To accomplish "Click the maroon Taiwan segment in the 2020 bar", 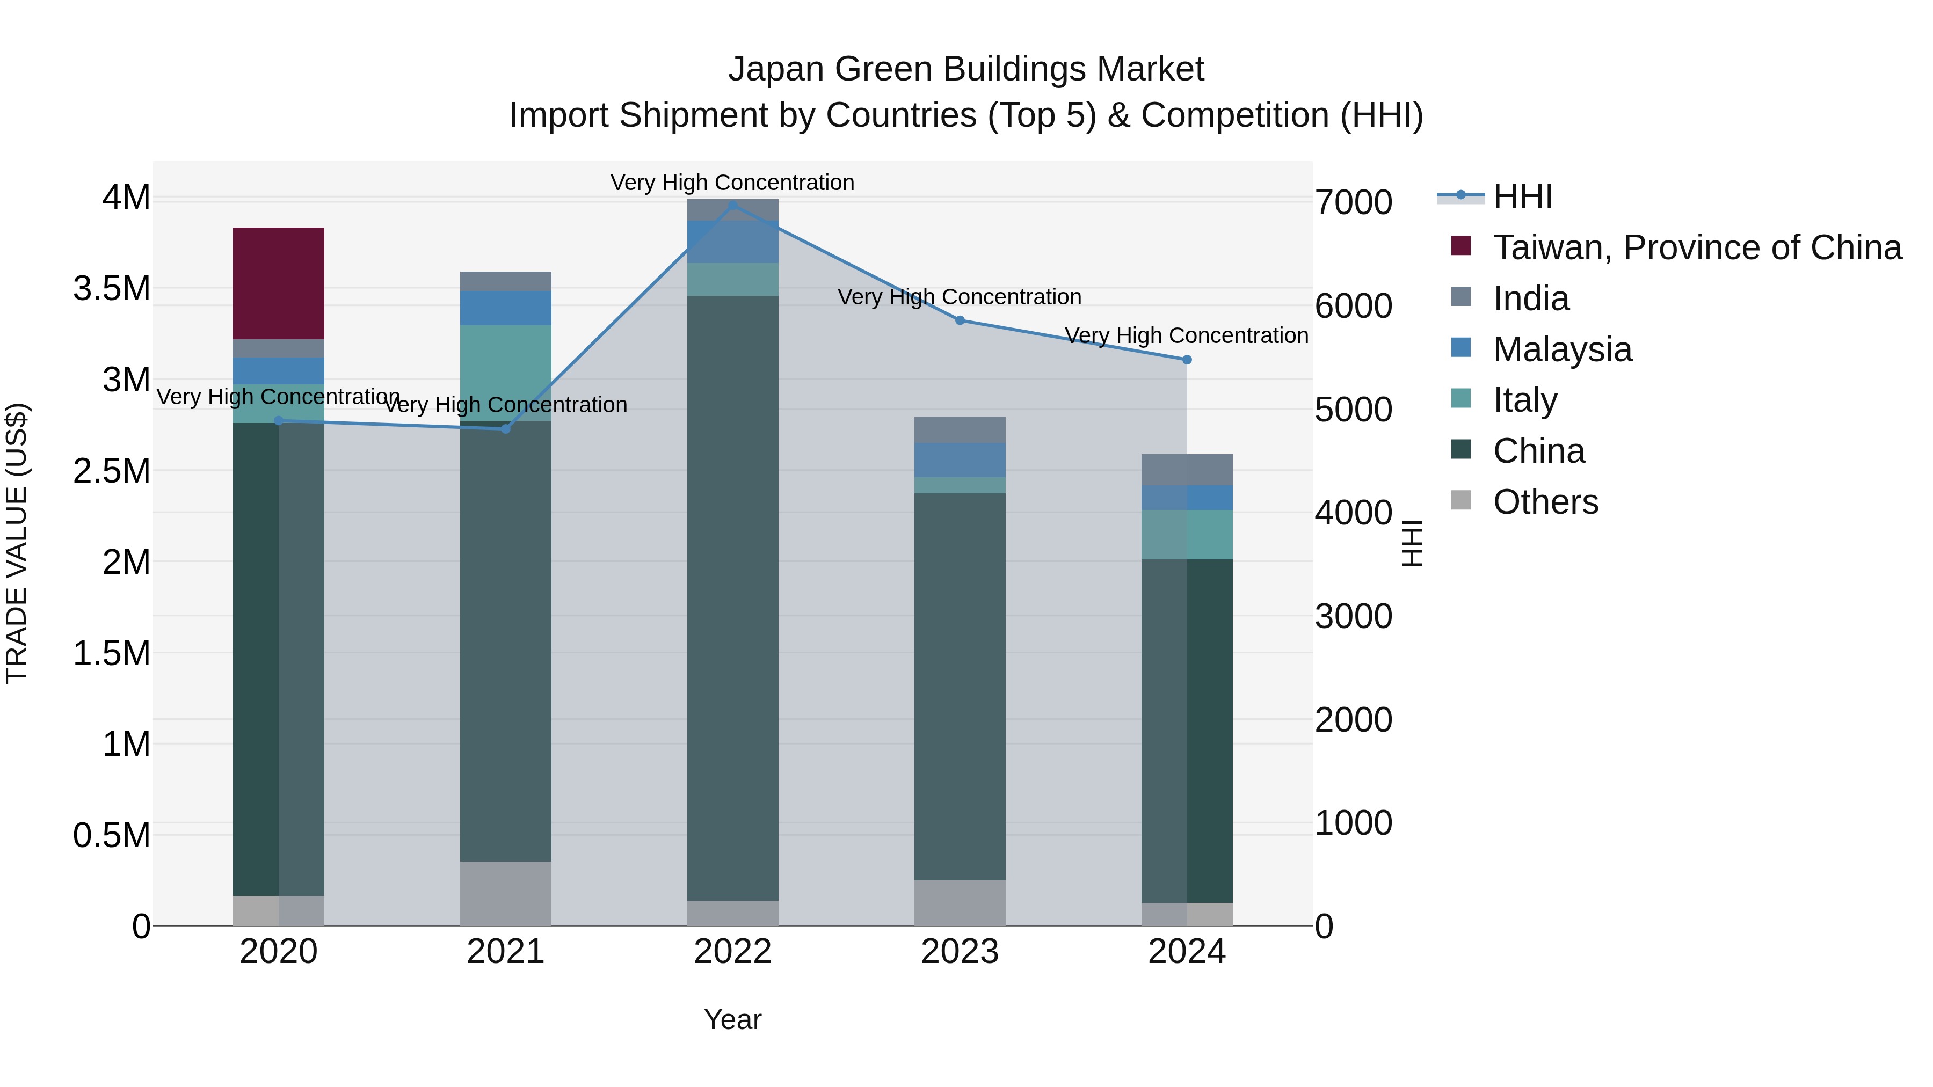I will (278, 283).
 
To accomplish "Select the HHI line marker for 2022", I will (732, 206).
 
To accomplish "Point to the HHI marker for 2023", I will (960, 320).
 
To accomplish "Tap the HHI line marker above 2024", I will (1186, 360).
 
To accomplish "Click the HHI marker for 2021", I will (506, 428).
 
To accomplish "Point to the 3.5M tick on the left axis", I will (112, 289).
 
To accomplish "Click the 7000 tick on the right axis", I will (1353, 202).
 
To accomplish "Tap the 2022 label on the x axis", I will (732, 952).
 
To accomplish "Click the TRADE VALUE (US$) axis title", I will (17, 543).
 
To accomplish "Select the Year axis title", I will (732, 1019).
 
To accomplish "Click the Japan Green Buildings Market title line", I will (966, 69).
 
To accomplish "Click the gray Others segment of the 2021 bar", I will (505, 893).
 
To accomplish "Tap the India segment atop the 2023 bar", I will (960, 430).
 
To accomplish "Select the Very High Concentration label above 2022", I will (732, 183).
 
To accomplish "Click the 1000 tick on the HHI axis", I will (1353, 823).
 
